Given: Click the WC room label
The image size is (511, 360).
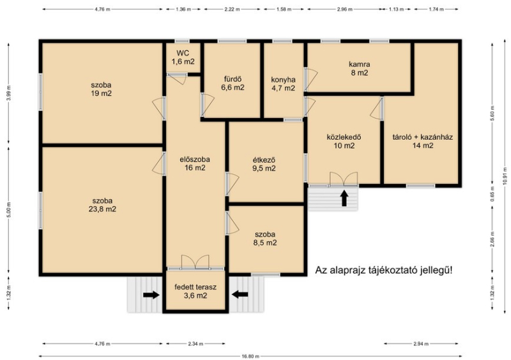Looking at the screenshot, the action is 183,57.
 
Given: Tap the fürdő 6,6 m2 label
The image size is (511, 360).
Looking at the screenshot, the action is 233,84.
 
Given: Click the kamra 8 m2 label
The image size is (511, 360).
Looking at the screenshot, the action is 360,68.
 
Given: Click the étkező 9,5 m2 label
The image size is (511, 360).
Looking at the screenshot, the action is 264,164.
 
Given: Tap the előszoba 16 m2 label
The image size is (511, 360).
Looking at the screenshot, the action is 195,163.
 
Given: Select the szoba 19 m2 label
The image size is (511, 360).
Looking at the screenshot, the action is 102,89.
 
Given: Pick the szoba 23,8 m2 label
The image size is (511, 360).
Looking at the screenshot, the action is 102,205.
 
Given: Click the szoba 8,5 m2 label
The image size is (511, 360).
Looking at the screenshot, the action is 265,239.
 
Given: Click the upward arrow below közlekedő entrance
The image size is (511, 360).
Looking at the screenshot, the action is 344,198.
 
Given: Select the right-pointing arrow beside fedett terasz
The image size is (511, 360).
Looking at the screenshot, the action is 151,295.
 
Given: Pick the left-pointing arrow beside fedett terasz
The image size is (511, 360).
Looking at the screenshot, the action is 240,294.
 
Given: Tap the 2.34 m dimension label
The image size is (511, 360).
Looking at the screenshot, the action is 195,343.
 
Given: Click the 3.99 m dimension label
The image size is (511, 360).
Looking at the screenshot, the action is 9,93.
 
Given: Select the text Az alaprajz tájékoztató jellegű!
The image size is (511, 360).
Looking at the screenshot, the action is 384,271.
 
